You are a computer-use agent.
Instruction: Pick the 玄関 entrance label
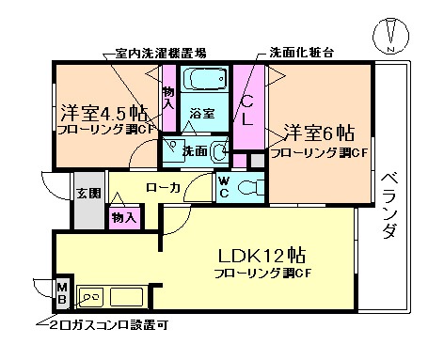tap(87, 194)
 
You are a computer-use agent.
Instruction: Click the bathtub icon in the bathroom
tap(200, 78)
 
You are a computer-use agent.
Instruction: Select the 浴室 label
tap(201, 113)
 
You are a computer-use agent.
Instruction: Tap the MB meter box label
tap(62, 294)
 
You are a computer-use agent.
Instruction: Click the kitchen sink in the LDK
tap(94, 299)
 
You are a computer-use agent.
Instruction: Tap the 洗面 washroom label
tap(195, 149)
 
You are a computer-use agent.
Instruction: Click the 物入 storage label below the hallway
tap(123, 218)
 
